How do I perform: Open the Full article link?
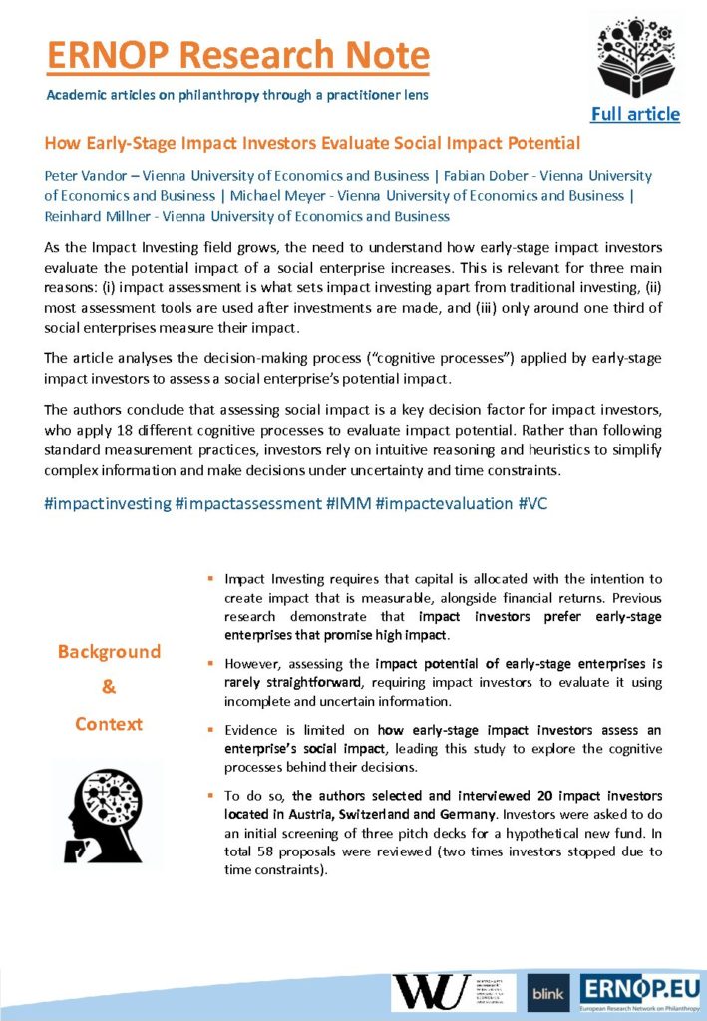[635, 114]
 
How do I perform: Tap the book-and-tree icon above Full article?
[635, 57]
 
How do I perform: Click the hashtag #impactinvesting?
[108, 503]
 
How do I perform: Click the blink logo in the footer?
[548, 992]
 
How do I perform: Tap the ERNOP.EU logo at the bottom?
[640, 990]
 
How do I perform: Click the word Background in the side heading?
[109, 652]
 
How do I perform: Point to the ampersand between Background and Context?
[109, 688]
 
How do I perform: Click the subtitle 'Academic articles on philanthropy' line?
[238, 95]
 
